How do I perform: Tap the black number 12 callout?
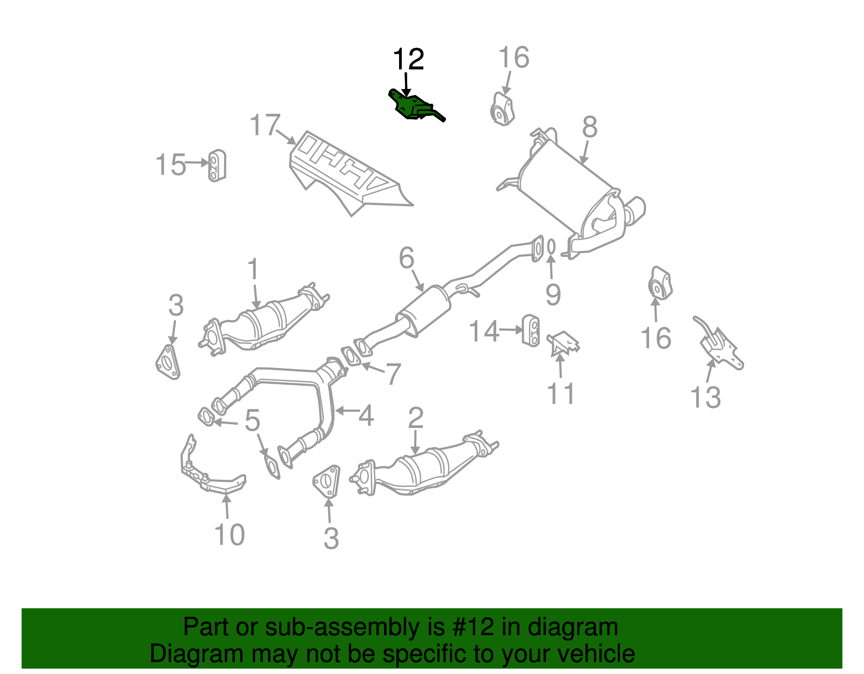pos(408,59)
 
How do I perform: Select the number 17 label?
pos(265,125)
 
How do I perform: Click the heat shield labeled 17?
pos(346,173)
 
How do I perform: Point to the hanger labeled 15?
pos(217,165)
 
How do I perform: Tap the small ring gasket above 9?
pos(551,247)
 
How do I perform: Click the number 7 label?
pos(393,374)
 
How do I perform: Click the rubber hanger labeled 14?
pos(531,330)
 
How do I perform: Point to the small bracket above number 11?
pos(563,343)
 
